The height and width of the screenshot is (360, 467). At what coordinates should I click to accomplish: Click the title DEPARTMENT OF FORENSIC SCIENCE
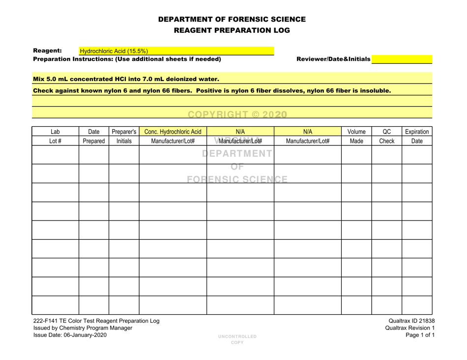click(233, 20)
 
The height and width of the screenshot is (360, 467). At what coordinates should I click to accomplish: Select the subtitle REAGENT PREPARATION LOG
click(233, 30)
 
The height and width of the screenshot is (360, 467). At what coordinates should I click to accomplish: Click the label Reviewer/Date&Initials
click(332, 59)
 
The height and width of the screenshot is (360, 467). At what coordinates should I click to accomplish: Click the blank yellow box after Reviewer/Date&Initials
click(402, 59)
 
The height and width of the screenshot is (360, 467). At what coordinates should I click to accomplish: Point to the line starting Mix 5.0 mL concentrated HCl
click(126, 78)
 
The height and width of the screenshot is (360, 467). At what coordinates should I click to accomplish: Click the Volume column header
click(356, 132)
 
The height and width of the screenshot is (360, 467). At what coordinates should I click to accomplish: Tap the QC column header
click(386, 132)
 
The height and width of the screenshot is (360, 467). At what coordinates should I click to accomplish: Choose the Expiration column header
click(417, 132)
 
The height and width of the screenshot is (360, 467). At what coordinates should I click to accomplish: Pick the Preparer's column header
click(124, 132)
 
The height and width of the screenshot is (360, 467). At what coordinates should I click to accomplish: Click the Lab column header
click(56, 132)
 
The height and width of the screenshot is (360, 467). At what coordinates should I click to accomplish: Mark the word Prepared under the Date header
click(93, 142)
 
